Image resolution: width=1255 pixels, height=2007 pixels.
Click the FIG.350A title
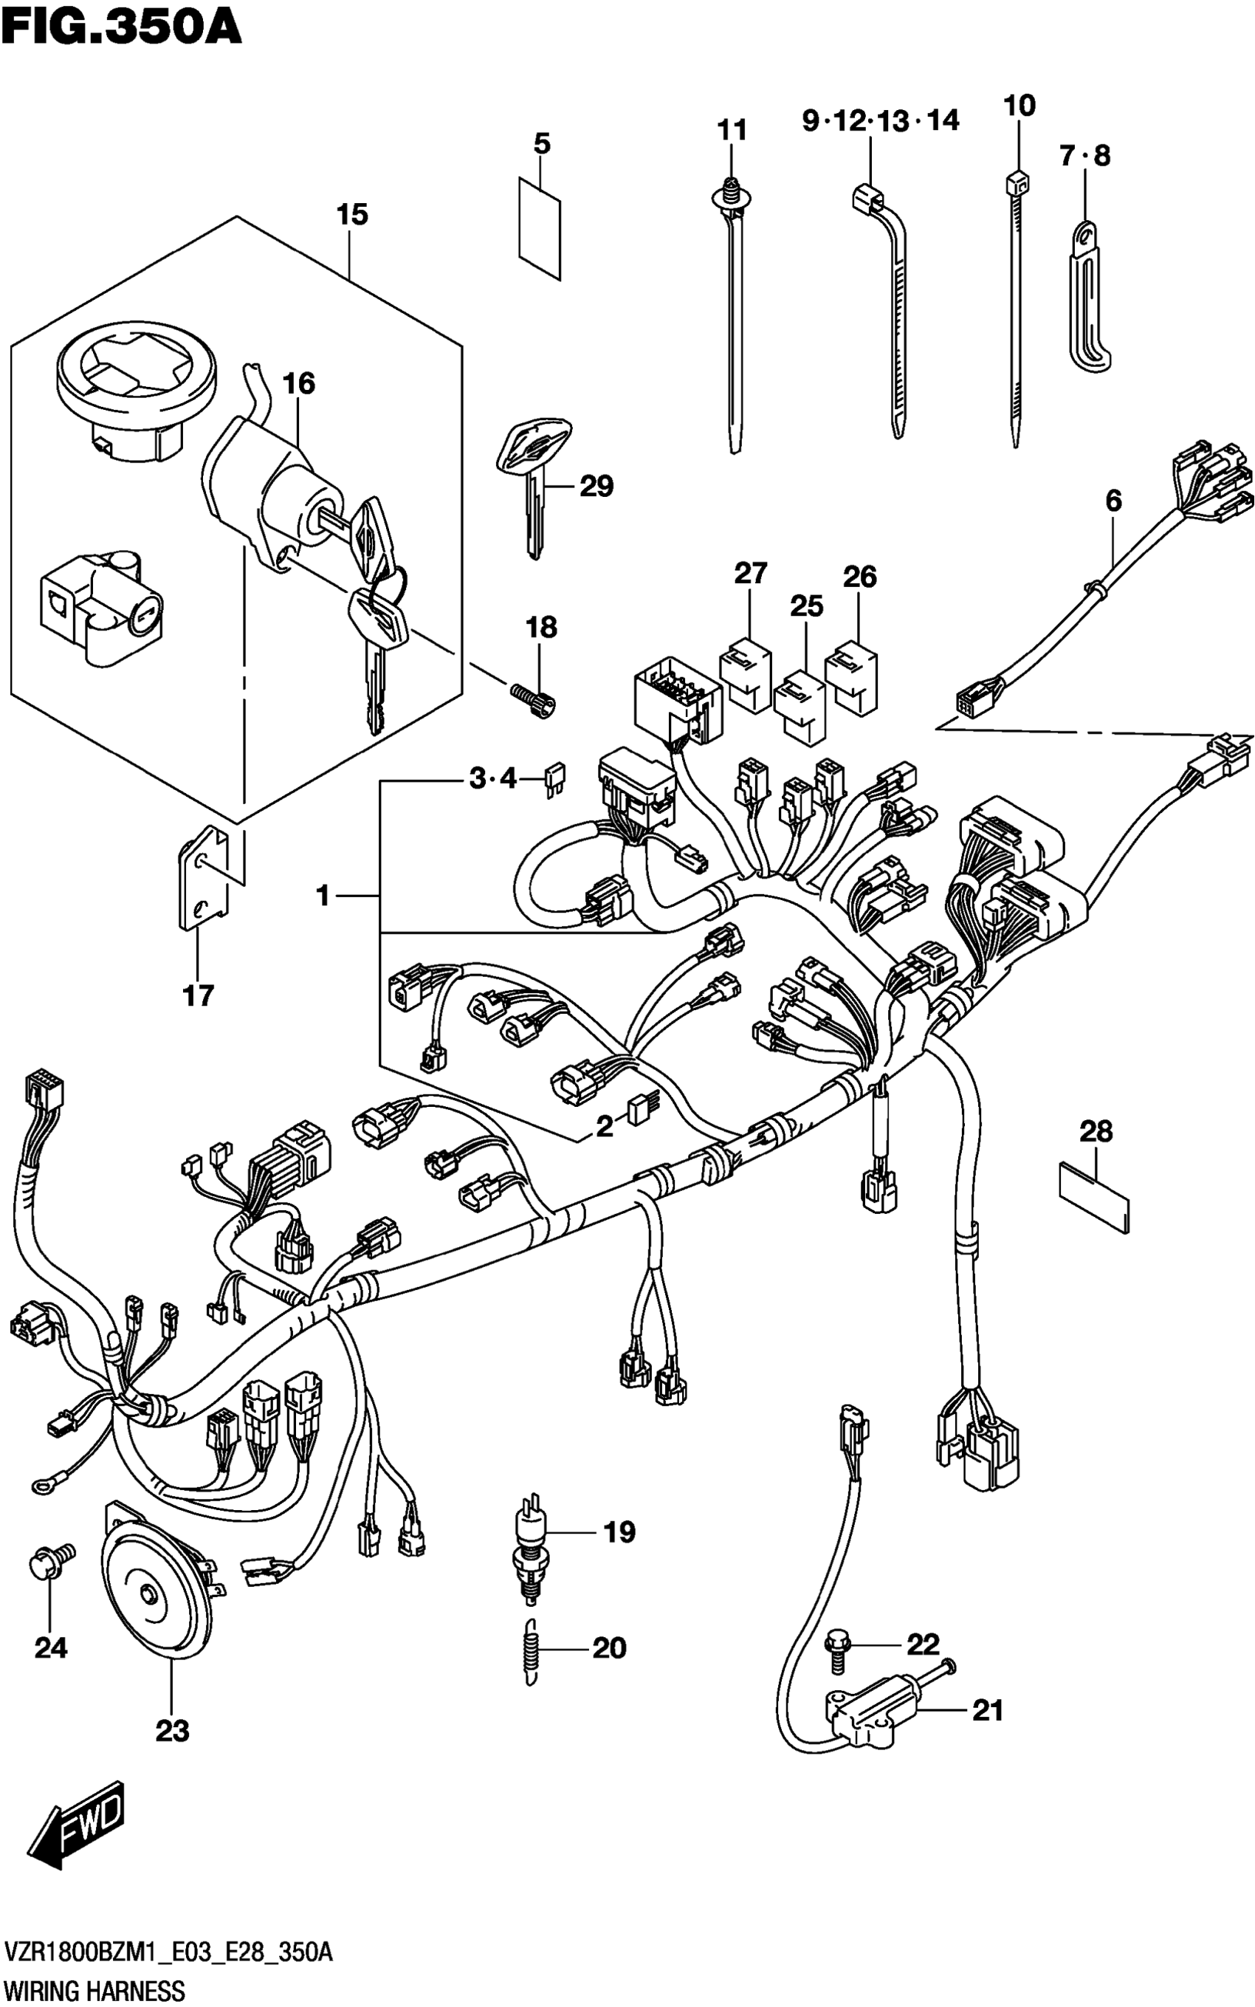(121, 27)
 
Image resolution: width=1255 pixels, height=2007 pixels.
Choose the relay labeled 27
(745, 673)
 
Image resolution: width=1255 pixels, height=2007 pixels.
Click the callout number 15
(352, 215)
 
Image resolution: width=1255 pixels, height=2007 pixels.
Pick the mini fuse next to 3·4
(552, 781)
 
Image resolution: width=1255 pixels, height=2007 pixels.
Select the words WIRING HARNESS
(94, 1989)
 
